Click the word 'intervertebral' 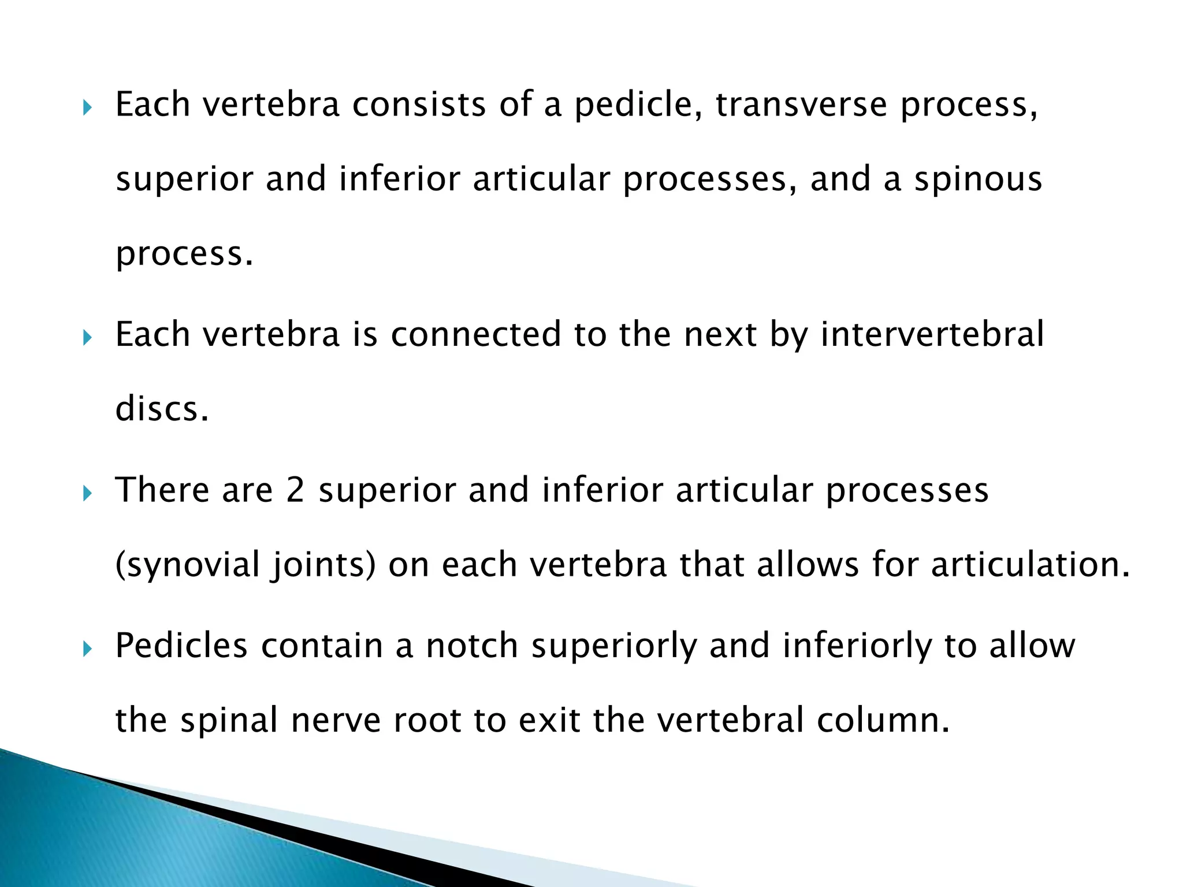tap(932, 334)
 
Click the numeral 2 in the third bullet tap(295, 490)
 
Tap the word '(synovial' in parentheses tap(188, 565)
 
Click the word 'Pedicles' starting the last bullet tap(181, 646)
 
